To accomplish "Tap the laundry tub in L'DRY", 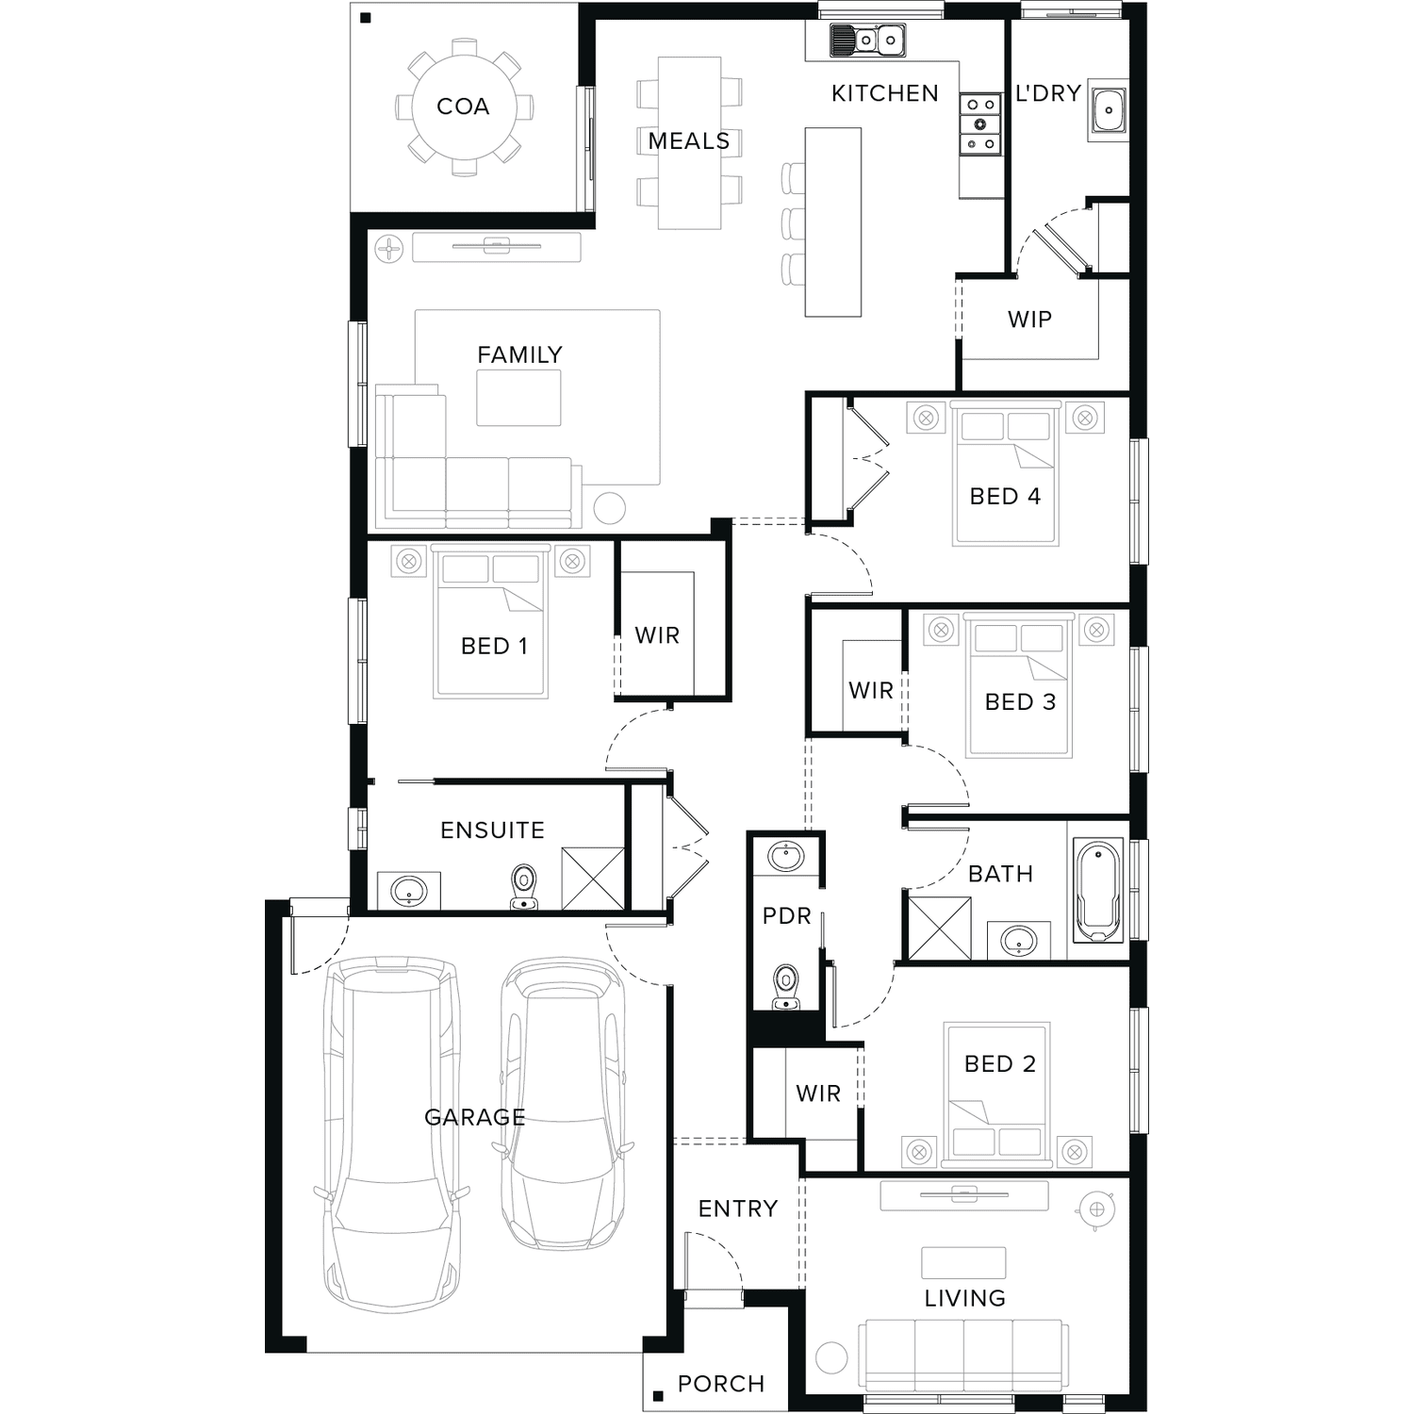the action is tap(1108, 110).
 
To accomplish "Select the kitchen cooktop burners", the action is tap(980, 123).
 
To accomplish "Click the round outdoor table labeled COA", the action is tap(464, 107).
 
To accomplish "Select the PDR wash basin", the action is tap(785, 857).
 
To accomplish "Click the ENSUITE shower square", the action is tap(593, 879).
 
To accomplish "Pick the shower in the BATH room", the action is tap(939, 928).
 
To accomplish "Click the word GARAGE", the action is tap(474, 1117).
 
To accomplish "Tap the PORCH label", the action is tap(721, 1384).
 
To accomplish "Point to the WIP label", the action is tap(1029, 320).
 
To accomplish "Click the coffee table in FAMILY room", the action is tap(518, 398).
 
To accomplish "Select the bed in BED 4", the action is tap(1005, 474).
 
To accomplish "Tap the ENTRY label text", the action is tap(738, 1208).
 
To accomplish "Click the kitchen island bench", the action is tap(832, 222).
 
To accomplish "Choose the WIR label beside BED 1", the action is tap(657, 635).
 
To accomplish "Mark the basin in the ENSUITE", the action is tap(409, 890).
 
